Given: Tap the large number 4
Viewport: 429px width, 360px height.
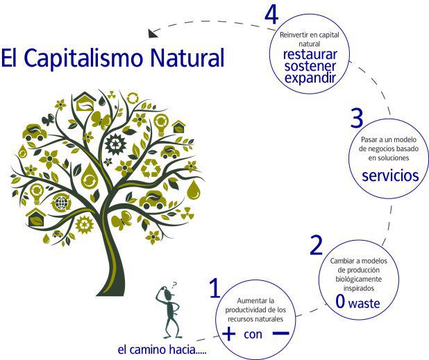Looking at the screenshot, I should click(272, 16).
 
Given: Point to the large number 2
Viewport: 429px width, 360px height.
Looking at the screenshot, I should click(316, 244).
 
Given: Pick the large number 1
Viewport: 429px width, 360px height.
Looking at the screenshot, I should click(215, 288).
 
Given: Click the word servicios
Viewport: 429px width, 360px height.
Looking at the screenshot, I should click(390, 175).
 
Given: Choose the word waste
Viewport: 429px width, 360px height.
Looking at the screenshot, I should click(364, 304).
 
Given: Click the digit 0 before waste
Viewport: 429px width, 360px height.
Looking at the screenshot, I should click(340, 302).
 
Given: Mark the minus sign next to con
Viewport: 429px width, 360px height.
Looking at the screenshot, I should click(280, 334).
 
